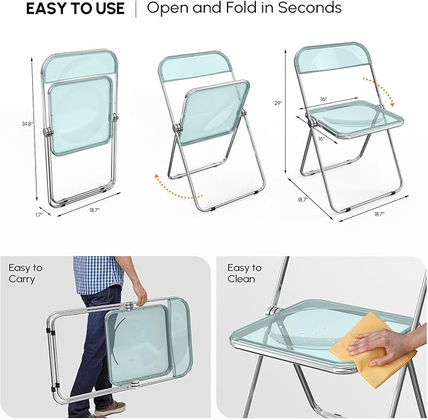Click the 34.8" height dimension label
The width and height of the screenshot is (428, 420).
pyautogui.click(x=27, y=124)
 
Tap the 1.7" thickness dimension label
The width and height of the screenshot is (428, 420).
pyautogui.click(x=39, y=215)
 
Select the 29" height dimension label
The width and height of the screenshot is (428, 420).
pyautogui.click(x=279, y=103)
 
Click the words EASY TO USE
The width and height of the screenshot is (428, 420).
pyautogui.click(x=76, y=9)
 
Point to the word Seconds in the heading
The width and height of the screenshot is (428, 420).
pyautogui.click(x=309, y=8)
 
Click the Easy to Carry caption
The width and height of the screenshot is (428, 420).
pyautogui.click(x=25, y=273)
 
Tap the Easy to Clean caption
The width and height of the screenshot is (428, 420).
pyautogui.click(x=245, y=273)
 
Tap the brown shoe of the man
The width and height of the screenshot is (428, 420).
pyautogui.click(x=110, y=408)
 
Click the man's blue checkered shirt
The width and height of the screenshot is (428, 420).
pyautogui.click(x=98, y=274)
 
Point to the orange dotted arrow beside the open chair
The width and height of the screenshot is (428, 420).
pyautogui.click(x=382, y=89)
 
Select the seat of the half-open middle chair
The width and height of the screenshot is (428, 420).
pyautogui.click(x=215, y=113)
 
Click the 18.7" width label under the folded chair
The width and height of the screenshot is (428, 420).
pyautogui.click(x=95, y=210)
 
